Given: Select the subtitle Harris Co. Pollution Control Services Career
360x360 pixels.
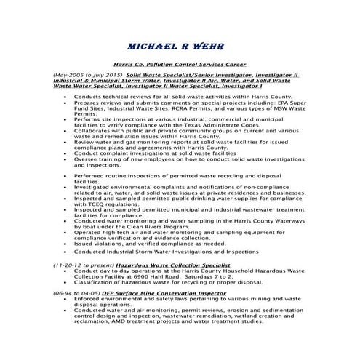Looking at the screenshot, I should pos(180,64).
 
